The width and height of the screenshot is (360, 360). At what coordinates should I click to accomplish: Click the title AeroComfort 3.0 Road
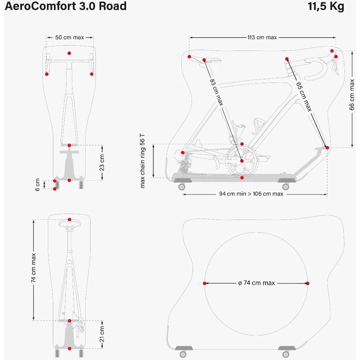tap(66, 6)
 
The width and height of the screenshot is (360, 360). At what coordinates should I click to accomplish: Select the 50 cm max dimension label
tap(70, 38)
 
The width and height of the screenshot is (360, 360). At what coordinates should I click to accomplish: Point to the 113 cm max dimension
tap(262, 38)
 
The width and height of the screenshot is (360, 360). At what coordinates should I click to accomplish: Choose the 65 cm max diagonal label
tap(304, 96)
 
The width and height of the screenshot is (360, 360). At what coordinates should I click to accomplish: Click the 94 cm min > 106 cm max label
tap(251, 194)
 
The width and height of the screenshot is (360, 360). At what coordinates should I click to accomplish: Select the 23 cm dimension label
tap(102, 162)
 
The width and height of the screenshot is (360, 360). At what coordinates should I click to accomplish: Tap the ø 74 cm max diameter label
tap(256, 283)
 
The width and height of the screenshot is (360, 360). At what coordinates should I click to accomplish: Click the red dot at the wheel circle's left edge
tap(205, 283)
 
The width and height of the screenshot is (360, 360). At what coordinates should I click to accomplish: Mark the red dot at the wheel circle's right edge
tap(308, 283)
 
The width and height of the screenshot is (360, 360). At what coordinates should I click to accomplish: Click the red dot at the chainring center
tap(242, 161)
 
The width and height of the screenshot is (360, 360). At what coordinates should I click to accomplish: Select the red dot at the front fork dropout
tap(327, 148)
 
